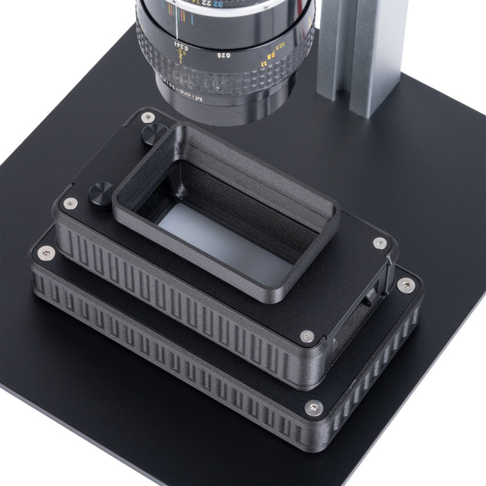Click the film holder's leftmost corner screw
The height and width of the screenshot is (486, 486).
point(69,203)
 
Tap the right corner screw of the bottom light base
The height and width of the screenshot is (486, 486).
point(405,285)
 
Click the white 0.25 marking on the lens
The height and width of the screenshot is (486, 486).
point(224,55)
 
